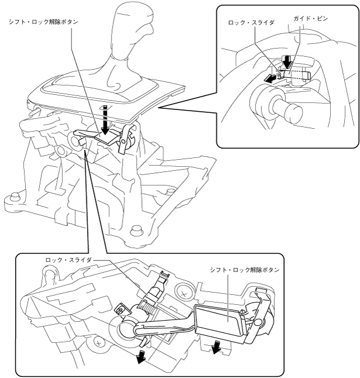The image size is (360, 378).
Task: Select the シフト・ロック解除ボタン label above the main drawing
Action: tap(44, 22)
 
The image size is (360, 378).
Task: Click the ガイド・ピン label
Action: tap(311, 18)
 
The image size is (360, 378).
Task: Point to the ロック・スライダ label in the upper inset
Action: tap(251, 23)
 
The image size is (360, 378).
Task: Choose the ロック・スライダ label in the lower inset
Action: tap(68, 260)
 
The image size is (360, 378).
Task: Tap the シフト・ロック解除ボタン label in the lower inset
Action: tap(245, 270)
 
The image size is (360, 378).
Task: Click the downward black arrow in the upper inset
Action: tap(286, 61)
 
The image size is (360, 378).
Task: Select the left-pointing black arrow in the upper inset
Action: tap(269, 79)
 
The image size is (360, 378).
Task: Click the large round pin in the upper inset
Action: tap(276, 105)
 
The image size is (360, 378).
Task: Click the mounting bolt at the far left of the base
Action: tap(15, 197)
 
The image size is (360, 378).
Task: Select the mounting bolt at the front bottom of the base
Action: tap(135, 230)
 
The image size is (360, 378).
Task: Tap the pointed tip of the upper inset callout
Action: tap(159, 108)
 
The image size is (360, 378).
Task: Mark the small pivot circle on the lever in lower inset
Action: tap(259, 322)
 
